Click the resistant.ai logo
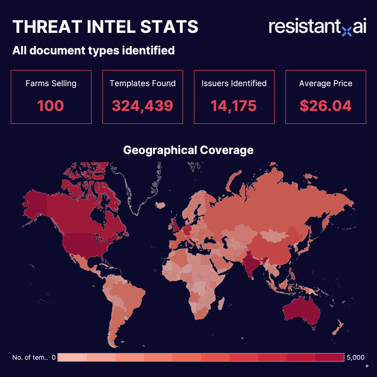click(x=317, y=27)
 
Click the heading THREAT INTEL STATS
click(x=105, y=27)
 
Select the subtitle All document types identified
click(x=93, y=51)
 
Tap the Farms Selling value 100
click(x=51, y=106)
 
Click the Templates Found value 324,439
click(x=142, y=106)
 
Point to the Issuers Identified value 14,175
click(x=234, y=106)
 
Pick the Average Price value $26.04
click(x=326, y=106)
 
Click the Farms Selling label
click(x=51, y=83)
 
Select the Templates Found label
click(x=142, y=83)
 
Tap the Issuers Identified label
click(x=234, y=83)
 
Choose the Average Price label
click(x=326, y=83)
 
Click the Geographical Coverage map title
click(x=188, y=150)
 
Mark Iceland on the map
click(x=160, y=206)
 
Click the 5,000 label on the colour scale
click(x=355, y=358)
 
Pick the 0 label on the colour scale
click(x=54, y=358)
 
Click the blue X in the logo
click(x=347, y=32)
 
